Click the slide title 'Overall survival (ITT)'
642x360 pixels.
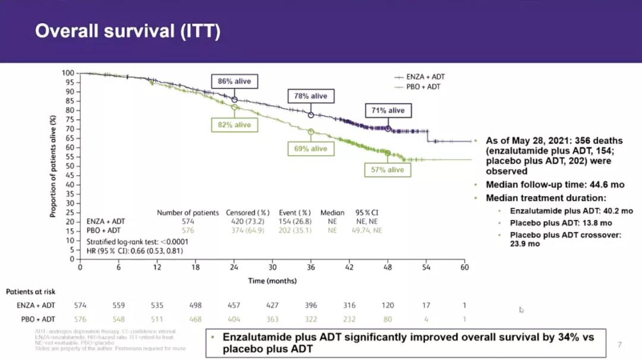[128, 31]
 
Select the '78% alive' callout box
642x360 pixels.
[310, 96]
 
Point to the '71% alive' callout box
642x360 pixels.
[388, 110]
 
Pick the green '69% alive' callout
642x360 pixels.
[310, 149]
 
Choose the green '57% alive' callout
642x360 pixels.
[388, 170]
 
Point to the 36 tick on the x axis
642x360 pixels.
[311, 267]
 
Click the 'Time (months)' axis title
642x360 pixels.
[272, 280]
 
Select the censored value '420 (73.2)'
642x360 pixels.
[247, 221]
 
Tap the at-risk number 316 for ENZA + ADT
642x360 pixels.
[350, 305]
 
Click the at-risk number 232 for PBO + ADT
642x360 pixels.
[350, 319]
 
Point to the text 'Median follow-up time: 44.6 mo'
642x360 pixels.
[552, 184]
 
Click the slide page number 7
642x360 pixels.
[619, 345]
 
